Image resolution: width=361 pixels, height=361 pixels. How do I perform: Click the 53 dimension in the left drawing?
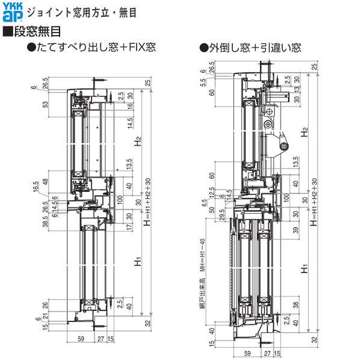(46, 105)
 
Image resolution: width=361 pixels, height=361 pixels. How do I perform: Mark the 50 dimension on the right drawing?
(212, 210)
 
